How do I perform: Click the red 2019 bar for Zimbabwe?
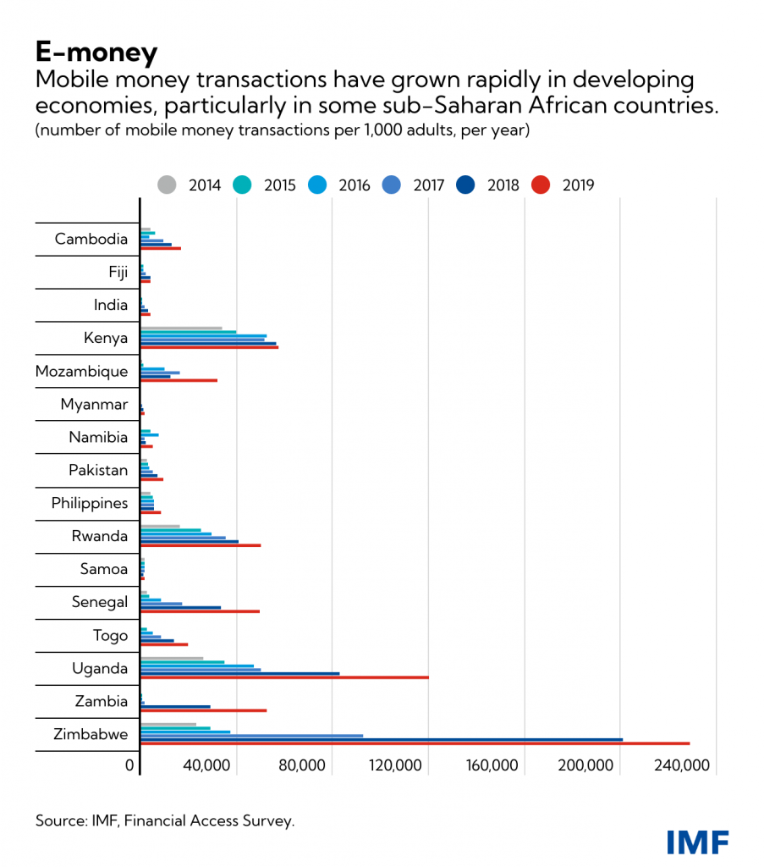[415, 743]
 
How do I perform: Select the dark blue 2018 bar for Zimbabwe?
[381, 739]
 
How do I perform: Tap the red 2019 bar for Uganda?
[284, 677]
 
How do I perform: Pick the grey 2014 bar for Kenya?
[181, 329]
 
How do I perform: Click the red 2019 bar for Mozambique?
[179, 380]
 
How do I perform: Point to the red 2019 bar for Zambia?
[203, 710]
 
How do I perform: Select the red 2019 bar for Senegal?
[200, 611]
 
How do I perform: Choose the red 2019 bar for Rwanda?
[201, 545]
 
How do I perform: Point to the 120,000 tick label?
[396, 765]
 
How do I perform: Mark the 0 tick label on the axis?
[130, 765]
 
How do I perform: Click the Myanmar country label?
[94, 405]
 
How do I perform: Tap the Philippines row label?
[90, 504]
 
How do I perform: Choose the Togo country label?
[110, 636]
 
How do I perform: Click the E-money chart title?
[96, 52]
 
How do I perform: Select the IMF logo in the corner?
[697, 842]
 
